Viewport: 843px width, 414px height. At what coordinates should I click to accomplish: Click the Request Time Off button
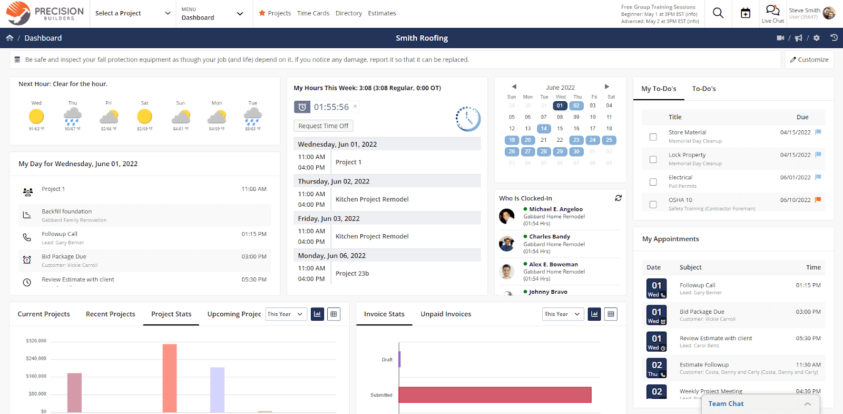(x=323, y=126)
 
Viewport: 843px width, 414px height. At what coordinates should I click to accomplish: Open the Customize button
(x=809, y=60)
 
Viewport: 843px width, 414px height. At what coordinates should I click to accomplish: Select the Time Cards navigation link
(x=313, y=13)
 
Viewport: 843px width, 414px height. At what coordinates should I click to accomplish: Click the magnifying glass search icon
(x=718, y=13)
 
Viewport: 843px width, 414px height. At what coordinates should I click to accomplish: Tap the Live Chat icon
(x=772, y=11)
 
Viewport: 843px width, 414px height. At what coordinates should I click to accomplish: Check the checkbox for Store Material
(x=653, y=137)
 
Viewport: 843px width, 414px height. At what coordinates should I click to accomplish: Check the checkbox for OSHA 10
(x=653, y=205)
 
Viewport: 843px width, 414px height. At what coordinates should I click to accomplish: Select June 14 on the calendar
(x=543, y=129)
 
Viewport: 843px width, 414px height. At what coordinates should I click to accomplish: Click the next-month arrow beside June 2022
(x=606, y=86)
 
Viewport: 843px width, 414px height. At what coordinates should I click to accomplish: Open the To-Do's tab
(x=703, y=89)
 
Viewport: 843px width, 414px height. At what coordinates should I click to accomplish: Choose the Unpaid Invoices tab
(x=446, y=314)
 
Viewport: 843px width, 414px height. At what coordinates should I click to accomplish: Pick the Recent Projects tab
(x=110, y=314)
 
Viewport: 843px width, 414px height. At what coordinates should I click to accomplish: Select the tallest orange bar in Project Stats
(x=170, y=378)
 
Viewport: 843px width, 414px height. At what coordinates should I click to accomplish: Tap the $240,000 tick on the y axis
(x=36, y=359)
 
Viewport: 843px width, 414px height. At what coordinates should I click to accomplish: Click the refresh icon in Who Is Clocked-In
(x=618, y=198)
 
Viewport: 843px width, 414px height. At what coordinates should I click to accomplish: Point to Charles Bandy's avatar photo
(x=507, y=244)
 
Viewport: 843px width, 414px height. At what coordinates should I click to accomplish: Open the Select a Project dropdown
(x=133, y=13)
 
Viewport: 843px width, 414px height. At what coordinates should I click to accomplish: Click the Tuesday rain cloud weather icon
(x=253, y=115)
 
